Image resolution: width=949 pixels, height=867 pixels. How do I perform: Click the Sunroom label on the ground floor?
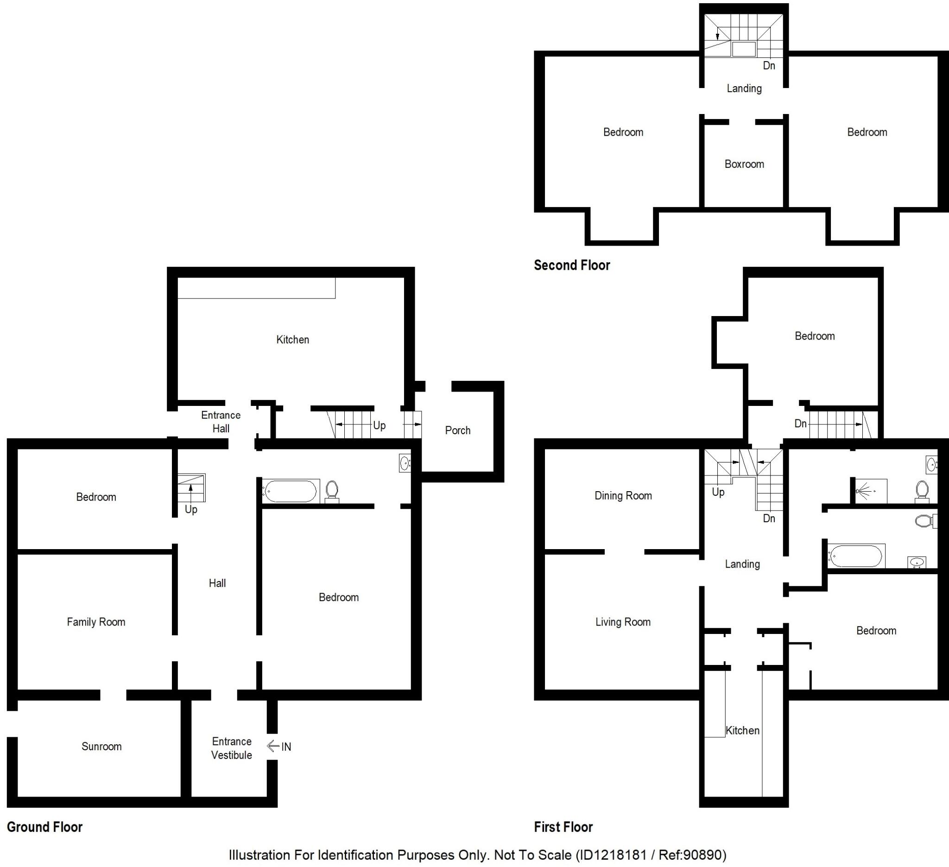pyautogui.click(x=101, y=747)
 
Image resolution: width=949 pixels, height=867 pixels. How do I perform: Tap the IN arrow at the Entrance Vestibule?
pyautogui.click(x=273, y=747)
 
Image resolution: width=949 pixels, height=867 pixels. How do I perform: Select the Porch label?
pyautogui.click(x=457, y=430)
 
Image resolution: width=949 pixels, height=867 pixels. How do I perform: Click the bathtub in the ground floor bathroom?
pyautogui.click(x=291, y=491)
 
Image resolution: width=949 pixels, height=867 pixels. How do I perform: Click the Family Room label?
pyautogui.click(x=96, y=622)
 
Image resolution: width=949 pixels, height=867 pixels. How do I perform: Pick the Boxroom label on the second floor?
pyautogui.click(x=744, y=164)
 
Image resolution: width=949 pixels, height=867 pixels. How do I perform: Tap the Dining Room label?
pyautogui.click(x=623, y=496)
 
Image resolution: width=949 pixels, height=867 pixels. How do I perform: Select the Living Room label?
pyautogui.click(x=623, y=622)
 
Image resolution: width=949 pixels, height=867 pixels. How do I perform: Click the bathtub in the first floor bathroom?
pyautogui.click(x=855, y=556)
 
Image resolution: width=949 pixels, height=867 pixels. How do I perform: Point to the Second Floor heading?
pyautogui.click(x=571, y=266)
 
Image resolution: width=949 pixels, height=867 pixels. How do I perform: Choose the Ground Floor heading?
pyautogui.click(x=45, y=827)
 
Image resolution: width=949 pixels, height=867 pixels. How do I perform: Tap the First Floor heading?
pyautogui.click(x=563, y=827)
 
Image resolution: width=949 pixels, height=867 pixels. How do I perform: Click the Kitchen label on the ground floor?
pyautogui.click(x=292, y=340)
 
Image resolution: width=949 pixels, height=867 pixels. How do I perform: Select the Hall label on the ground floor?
pyautogui.click(x=217, y=583)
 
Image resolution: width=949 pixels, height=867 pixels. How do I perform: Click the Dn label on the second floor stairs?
pyautogui.click(x=769, y=66)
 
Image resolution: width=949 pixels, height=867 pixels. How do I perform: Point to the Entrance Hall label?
pyautogui.click(x=221, y=422)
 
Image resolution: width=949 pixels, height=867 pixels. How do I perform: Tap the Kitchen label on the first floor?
pyautogui.click(x=742, y=730)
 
